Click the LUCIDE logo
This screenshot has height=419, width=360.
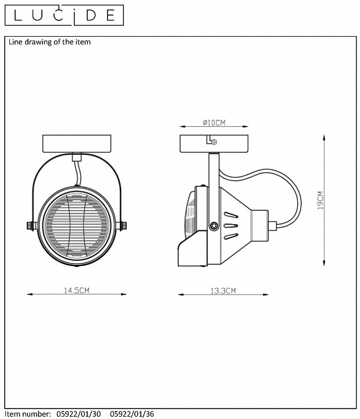[64, 15]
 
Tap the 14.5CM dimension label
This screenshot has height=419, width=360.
[77, 290]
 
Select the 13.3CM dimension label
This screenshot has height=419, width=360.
[223, 291]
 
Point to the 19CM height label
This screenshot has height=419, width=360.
[320, 200]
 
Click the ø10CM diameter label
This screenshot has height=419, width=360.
[214, 123]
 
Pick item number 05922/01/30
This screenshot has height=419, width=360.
[79, 414]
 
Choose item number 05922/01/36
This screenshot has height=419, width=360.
[132, 414]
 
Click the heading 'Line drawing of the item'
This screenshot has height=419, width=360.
[49, 42]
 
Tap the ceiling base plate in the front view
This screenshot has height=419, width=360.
[77, 144]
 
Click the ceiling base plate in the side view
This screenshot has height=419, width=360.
[214, 144]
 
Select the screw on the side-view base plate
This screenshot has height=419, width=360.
[214, 142]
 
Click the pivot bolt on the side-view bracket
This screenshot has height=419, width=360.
[213, 226]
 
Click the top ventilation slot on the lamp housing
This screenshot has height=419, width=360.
[231, 215]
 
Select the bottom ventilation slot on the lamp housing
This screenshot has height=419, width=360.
[231, 236]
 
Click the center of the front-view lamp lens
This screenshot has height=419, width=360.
[77, 226]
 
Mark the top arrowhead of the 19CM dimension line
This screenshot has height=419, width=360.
[324, 137]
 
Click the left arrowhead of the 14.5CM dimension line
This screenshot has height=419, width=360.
[30, 294]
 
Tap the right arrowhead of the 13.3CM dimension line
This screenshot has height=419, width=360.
[265, 294]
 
